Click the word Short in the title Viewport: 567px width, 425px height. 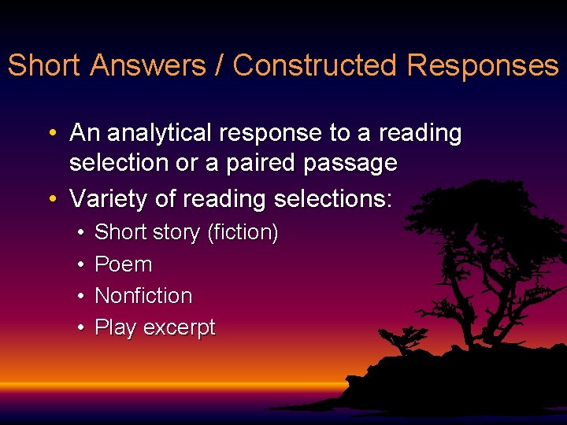click(44, 65)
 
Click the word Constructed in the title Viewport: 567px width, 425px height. click(316, 65)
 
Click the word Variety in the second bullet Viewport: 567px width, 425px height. click(109, 199)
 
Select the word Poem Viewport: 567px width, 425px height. click(123, 264)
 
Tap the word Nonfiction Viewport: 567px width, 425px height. click(143, 296)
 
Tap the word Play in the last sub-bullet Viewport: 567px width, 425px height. click(115, 328)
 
